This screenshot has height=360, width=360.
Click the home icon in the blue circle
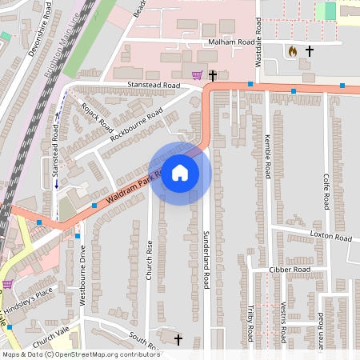[x=180, y=173]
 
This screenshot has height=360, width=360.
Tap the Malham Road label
[x=231, y=42]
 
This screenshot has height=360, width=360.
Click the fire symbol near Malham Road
[x=293, y=50]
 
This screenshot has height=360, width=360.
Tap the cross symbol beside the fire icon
[x=309, y=50]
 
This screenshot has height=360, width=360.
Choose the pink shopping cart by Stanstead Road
[x=197, y=75]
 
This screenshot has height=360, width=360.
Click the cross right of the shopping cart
[x=213, y=75]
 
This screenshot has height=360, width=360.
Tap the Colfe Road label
[x=326, y=191]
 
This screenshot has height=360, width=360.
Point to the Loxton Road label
[x=330, y=238]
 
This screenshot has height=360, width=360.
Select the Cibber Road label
[x=289, y=270]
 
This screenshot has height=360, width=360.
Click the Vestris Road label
[x=285, y=320]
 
